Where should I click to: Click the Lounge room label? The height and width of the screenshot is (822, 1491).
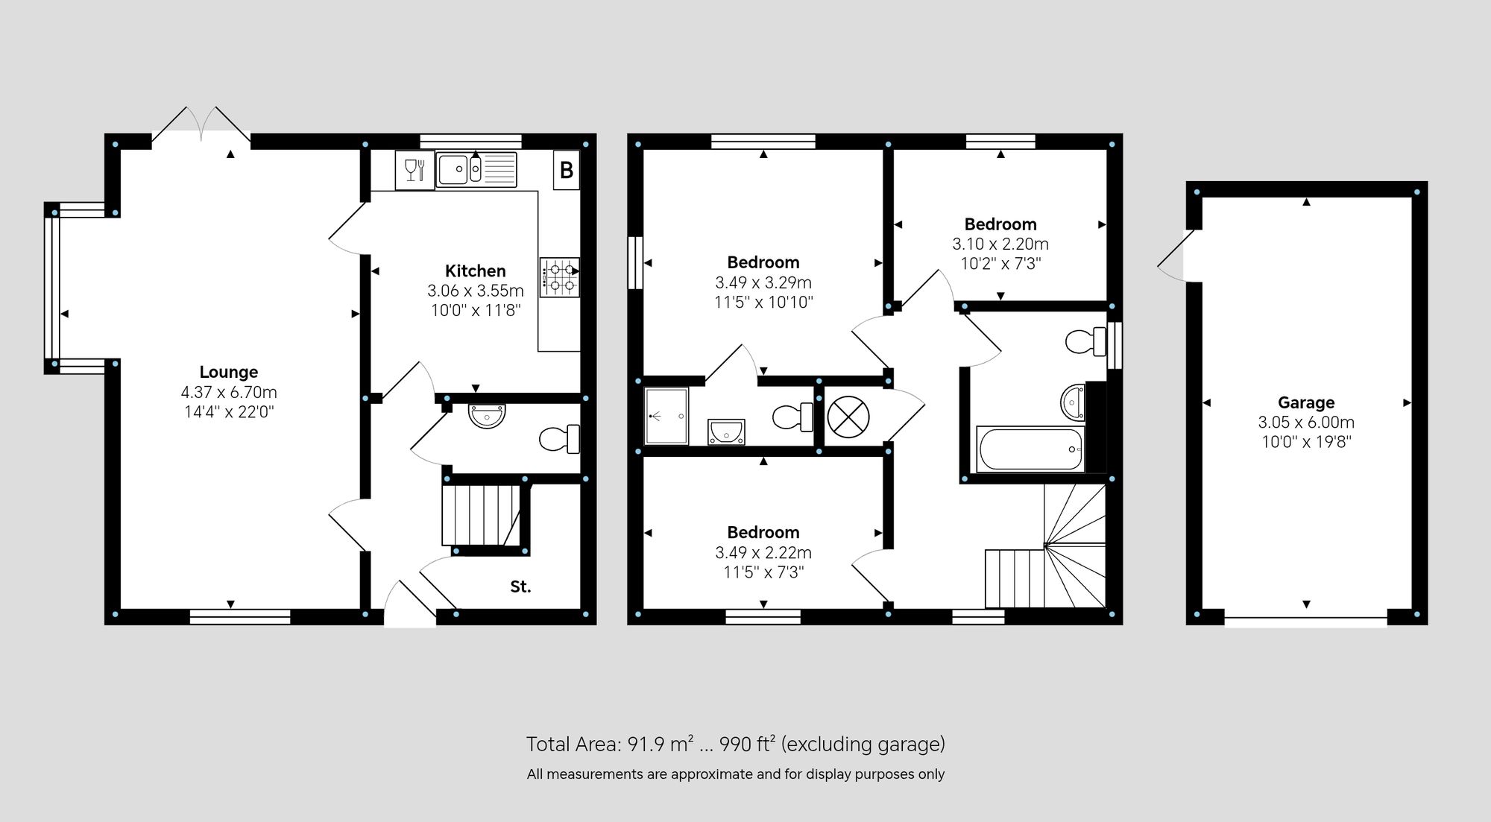click(x=229, y=372)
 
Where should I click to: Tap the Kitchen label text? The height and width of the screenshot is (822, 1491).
click(x=476, y=271)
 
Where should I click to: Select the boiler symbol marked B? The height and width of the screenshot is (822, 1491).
click(x=567, y=170)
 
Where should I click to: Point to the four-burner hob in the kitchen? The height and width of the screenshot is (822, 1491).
click(x=560, y=276)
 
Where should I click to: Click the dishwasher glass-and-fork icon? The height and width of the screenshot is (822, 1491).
click(x=414, y=170)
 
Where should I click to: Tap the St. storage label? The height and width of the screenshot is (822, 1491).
click(x=520, y=587)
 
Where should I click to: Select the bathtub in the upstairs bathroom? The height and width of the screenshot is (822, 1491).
click(x=1030, y=449)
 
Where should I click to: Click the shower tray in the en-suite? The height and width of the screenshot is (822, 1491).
click(x=666, y=416)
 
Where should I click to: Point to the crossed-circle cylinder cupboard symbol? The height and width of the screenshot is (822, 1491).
click(x=848, y=417)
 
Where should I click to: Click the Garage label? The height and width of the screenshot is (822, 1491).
click(x=1306, y=402)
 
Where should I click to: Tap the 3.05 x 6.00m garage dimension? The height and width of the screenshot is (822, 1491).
click(x=1306, y=422)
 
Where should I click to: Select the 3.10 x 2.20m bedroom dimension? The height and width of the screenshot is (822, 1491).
click(x=1000, y=244)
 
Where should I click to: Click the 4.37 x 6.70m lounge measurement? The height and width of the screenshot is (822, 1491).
click(x=229, y=392)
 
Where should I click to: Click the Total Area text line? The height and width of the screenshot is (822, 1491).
click(x=736, y=744)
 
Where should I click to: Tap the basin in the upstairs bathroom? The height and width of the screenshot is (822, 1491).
click(x=1073, y=402)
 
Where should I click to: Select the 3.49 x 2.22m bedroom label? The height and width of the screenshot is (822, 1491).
click(x=763, y=552)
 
